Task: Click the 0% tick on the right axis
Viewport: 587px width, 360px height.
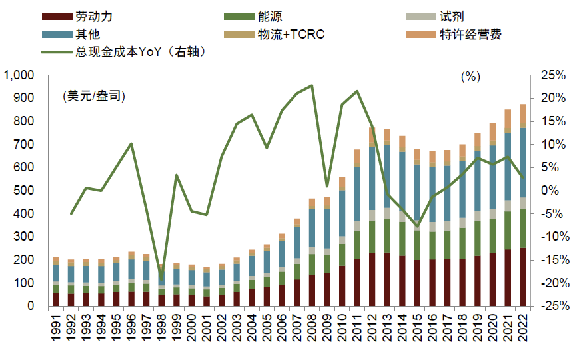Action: pos(556,191)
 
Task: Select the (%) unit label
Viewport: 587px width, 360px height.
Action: pos(470,77)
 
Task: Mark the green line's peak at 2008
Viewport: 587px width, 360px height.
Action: pos(312,85)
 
